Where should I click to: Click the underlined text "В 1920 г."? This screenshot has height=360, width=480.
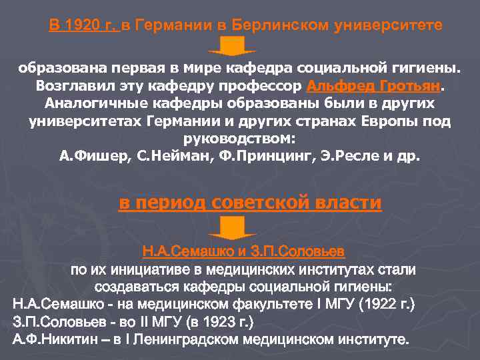pyautogui.click(x=83, y=25)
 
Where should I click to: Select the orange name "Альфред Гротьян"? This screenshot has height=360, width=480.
pyautogui.click(x=373, y=87)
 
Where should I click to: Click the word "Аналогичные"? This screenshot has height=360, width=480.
pyautogui.click(x=92, y=105)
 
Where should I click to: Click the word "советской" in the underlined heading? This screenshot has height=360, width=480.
pyautogui.click(x=256, y=203)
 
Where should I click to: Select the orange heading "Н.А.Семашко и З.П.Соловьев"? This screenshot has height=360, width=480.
pyautogui.click(x=243, y=253)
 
